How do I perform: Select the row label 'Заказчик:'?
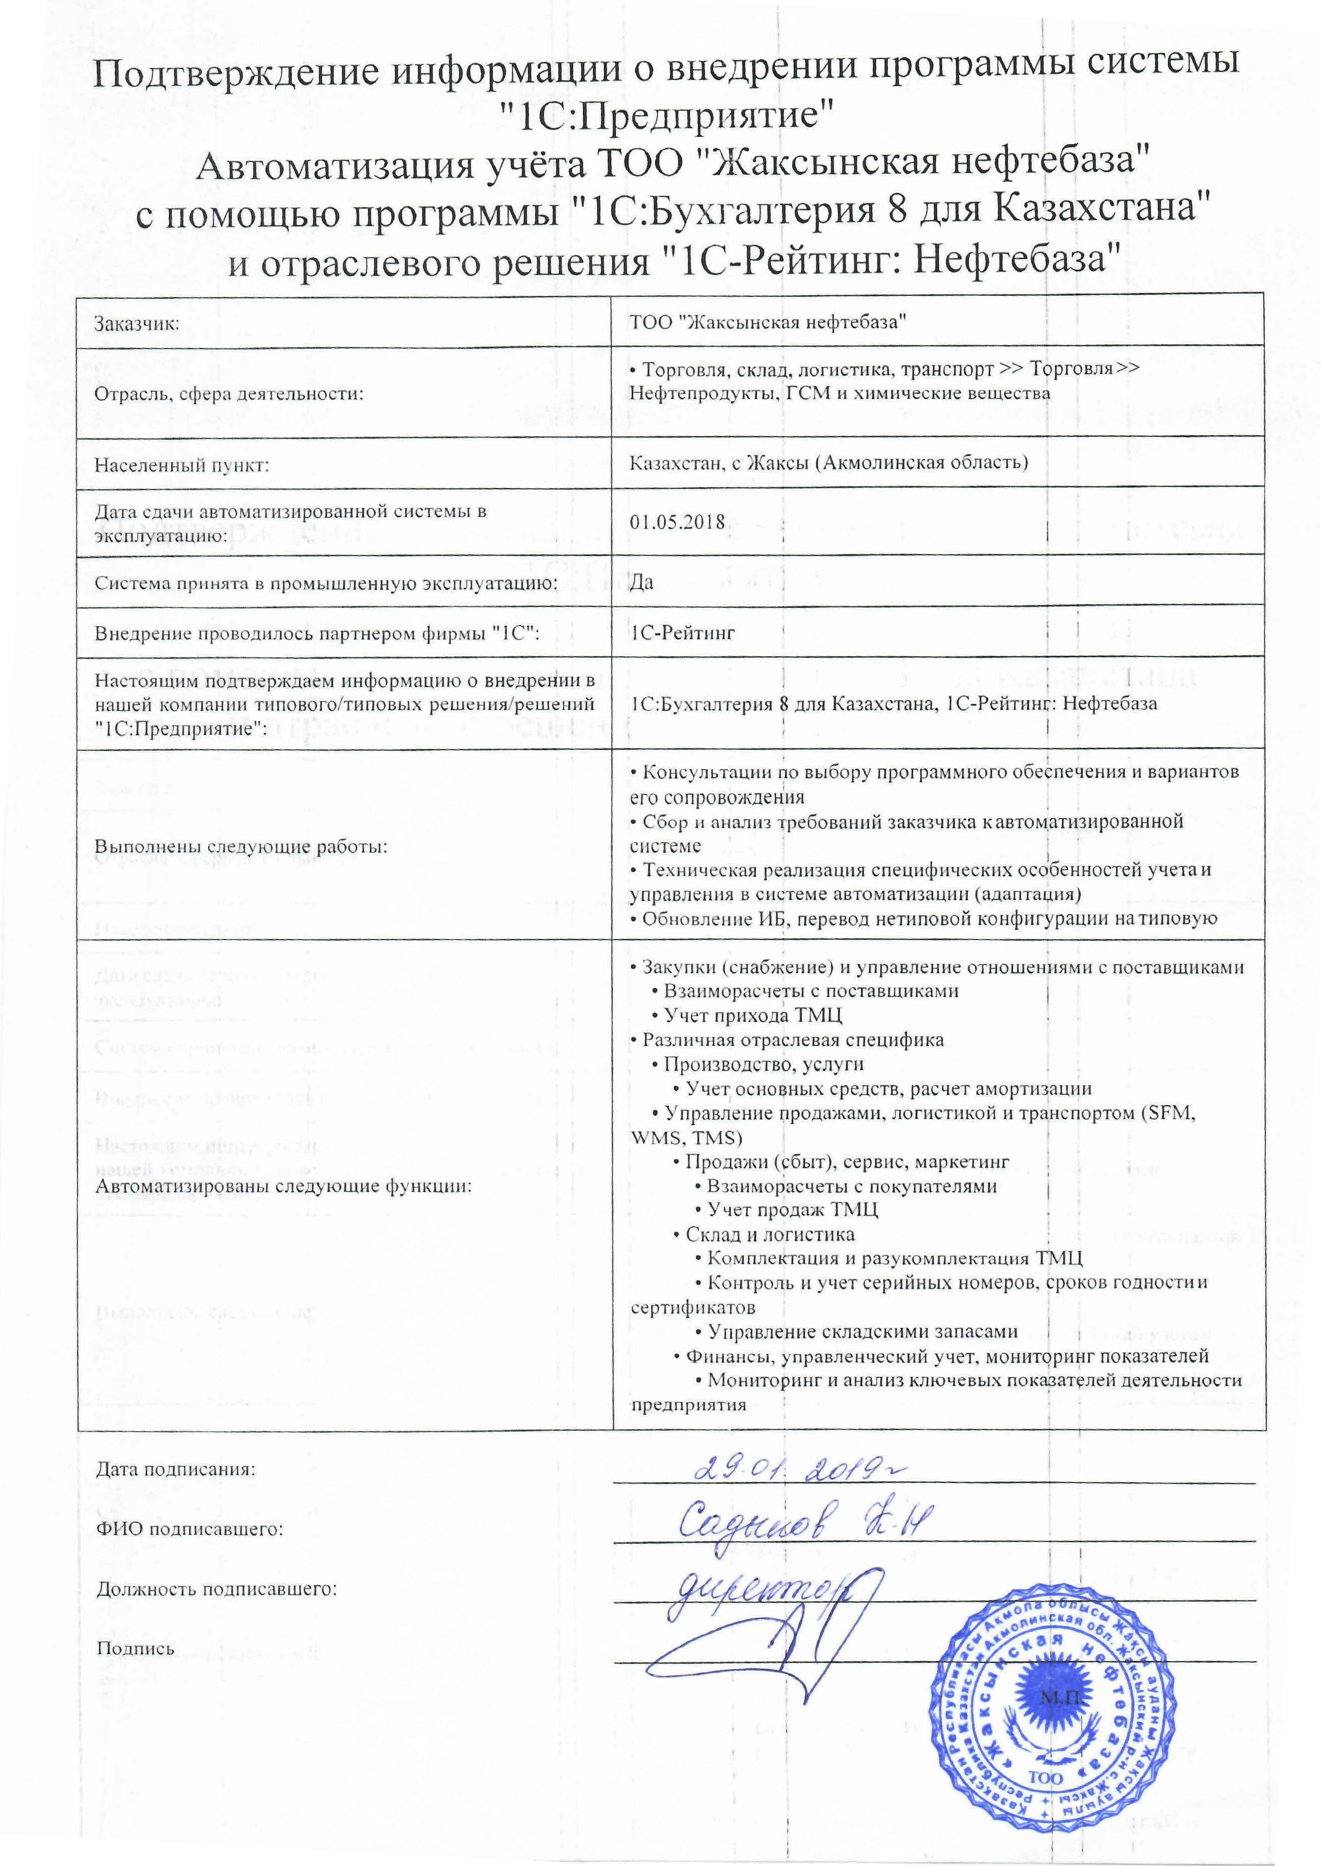(x=137, y=324)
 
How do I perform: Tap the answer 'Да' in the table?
(x=641, y=582)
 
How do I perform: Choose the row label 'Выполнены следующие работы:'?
(x=241, y=846)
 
